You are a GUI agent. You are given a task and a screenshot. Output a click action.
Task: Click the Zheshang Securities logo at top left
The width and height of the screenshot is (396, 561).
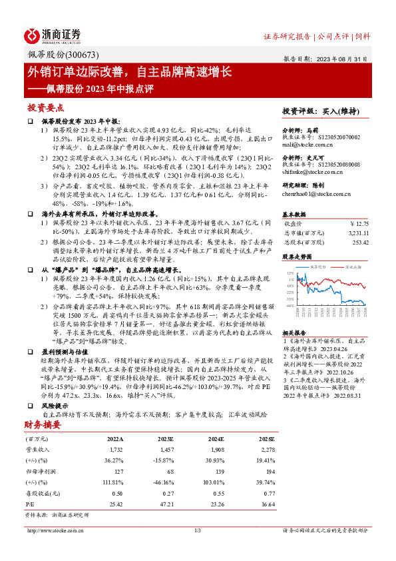pos(53,35)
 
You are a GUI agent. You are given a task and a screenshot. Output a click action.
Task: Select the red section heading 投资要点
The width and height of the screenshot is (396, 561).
pos(45,107)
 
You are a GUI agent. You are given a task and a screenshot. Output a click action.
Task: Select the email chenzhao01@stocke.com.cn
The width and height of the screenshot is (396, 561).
pos(317,193)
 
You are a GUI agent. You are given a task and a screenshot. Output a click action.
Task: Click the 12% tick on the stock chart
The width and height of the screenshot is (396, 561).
pos(290,273)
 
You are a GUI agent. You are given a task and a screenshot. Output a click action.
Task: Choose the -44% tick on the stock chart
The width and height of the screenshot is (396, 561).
pos(290,306)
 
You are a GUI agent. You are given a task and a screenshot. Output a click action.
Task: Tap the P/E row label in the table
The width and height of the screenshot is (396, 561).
pos(29,505)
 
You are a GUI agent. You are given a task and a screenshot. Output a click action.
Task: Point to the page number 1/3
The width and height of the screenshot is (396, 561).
pos(198,530)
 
